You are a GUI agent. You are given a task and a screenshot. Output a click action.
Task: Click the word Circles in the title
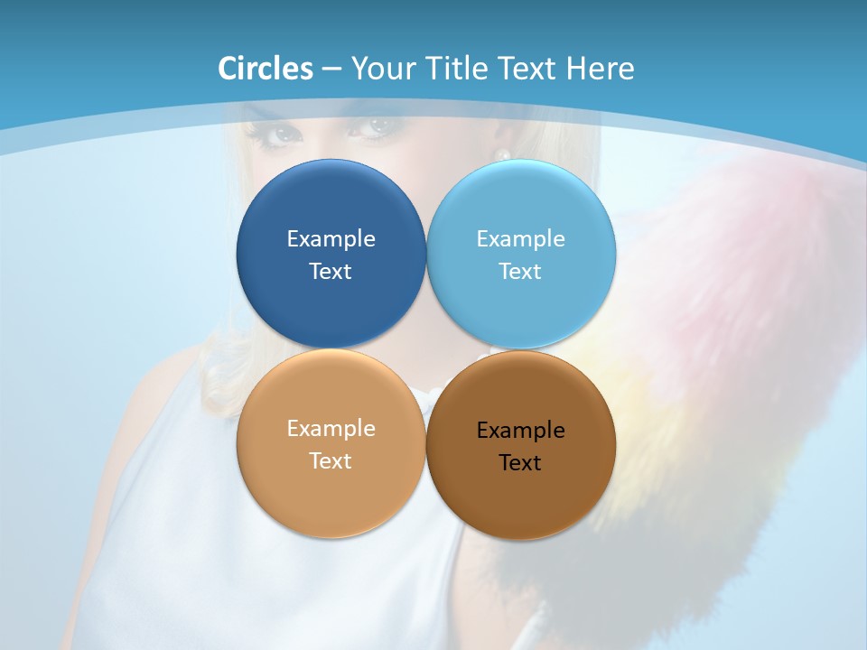[266, 69]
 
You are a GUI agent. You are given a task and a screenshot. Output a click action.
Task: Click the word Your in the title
[380, 69]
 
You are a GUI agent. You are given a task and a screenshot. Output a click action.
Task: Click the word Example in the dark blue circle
[331, 238]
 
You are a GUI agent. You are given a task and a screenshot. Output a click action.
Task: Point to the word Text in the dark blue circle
[331, 271]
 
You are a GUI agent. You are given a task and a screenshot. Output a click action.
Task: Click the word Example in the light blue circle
[520, 238]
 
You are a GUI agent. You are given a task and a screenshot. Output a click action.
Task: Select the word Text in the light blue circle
[520, 271]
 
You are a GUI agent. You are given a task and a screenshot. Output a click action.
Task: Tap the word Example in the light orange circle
[331, 428]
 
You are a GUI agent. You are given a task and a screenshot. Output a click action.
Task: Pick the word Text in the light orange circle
[331, 460]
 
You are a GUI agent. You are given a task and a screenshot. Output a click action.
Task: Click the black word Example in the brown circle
[520, 430]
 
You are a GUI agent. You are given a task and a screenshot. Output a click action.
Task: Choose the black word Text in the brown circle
[520, 462]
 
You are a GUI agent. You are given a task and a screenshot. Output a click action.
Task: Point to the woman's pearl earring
[503, 154]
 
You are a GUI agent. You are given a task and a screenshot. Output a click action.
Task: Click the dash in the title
[331, 70]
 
